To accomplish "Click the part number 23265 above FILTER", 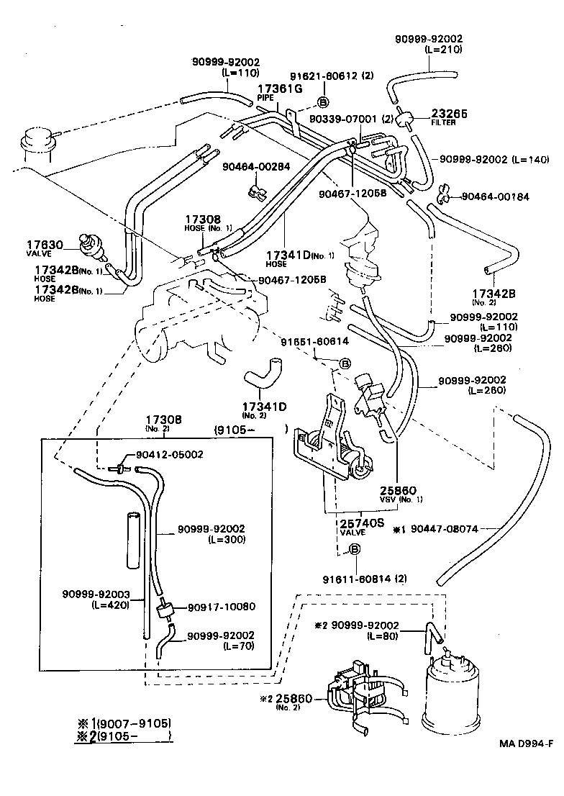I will tap(449, 113).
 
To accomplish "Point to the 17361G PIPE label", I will tap(280, 91).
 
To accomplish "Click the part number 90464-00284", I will tap(256, 166).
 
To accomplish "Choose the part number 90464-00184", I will tap(495, 196).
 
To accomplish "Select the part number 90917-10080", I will tap(222, 607).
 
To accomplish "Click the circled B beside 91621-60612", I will tap(323, 102).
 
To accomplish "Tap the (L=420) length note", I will tap(110, 605).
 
